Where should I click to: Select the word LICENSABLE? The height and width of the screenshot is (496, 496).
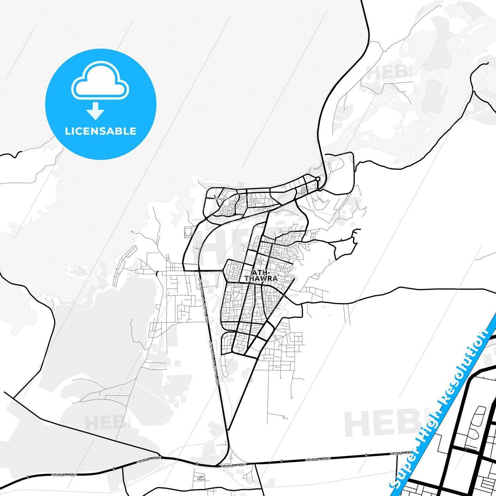coord(101,131)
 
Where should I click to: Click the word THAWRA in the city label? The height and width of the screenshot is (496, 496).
coord(261,279)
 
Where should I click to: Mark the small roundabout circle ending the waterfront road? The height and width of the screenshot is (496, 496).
coord(318,179)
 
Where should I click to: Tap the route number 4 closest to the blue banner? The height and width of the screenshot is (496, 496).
coord(367,455)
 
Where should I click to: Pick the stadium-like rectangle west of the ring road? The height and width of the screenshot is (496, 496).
coord(188,232)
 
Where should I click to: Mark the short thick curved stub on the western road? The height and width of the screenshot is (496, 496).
coord(157,273)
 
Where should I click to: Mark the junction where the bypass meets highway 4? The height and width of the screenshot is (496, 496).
coord(217,466)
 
